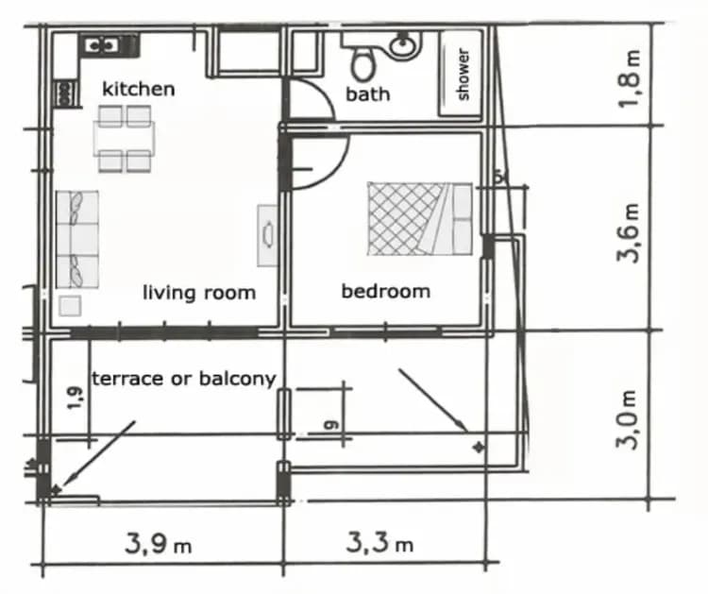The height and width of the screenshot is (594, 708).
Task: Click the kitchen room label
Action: (138, 89)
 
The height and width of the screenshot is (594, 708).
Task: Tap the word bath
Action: (367, 94)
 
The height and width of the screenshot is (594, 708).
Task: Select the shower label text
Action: (463, 74)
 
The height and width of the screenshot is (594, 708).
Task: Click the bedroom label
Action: (385, 291)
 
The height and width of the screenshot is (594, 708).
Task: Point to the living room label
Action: (198, 293)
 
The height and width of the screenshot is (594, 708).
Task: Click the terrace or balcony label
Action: (183, 379)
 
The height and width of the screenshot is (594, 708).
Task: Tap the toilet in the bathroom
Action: (362, 62)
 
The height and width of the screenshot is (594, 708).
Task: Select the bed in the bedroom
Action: (419, 218)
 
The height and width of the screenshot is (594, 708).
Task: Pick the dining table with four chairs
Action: (125, 139)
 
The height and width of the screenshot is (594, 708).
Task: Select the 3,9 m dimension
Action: (159, 544)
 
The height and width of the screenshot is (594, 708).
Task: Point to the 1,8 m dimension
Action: (632, 78)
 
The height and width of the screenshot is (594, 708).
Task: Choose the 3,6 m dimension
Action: (630, 230)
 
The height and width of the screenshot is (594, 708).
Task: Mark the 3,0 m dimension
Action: (630, 419)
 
